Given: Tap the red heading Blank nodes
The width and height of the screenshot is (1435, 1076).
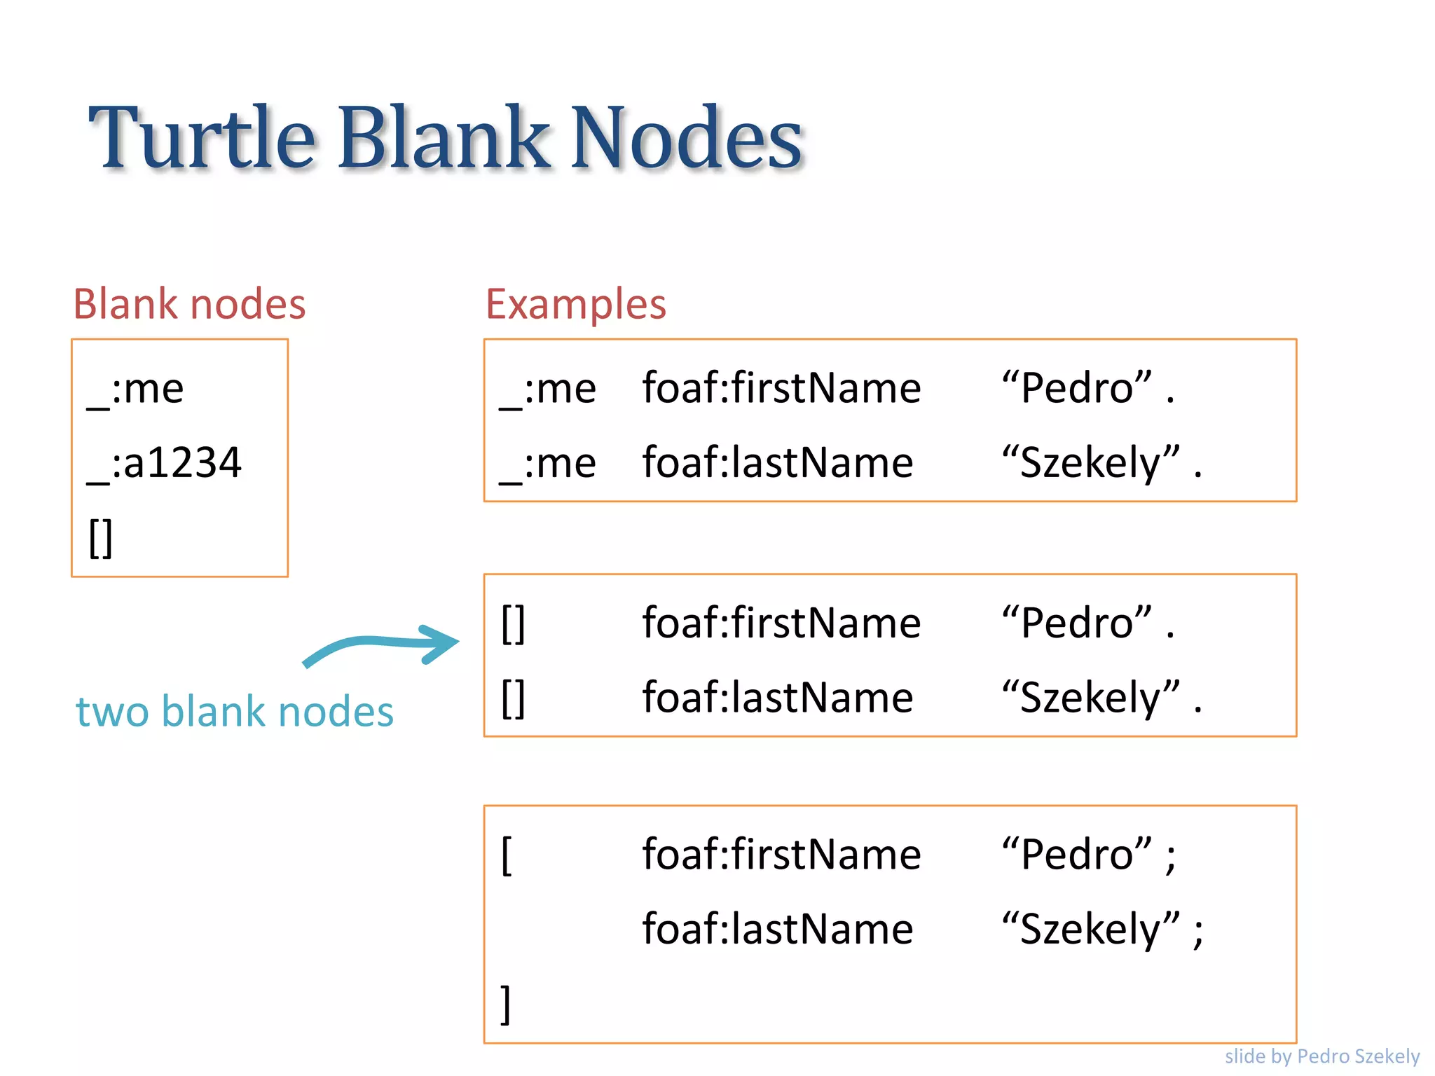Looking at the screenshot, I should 189,304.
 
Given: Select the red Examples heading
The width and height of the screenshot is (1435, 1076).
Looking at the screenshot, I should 575,304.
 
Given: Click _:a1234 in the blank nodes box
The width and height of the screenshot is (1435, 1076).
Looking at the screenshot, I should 165,463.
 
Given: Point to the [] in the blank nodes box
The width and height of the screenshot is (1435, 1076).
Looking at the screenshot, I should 100,537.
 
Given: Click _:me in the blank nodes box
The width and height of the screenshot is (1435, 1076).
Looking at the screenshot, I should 135,389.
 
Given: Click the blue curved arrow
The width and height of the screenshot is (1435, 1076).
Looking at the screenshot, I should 382,644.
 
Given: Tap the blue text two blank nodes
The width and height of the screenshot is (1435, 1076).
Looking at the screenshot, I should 235,712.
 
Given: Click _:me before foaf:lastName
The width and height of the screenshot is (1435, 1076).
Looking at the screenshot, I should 548,463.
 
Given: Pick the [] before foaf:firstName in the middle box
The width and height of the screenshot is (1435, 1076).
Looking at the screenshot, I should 513,623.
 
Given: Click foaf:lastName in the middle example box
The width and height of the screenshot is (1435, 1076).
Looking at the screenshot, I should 778,698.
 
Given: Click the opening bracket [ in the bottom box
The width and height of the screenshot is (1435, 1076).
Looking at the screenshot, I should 507,855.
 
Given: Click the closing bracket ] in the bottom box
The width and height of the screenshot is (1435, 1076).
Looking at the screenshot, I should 505,1004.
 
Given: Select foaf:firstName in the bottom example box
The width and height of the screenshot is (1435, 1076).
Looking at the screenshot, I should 781,855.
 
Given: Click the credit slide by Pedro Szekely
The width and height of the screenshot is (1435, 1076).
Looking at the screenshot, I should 1321,1056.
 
